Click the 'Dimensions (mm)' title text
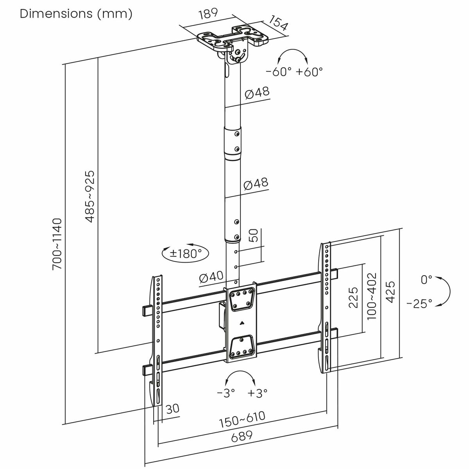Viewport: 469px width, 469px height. [x=76, y=14]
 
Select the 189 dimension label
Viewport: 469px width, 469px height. [x=208, y=14]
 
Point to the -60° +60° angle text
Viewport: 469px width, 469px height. [x=294, y=72]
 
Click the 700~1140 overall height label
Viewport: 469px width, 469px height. [x=57, y=244]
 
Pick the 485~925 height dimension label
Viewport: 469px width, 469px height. [x=90, y=196]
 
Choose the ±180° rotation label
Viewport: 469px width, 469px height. [x=185, y=253]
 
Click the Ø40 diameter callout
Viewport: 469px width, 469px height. [x=211, y=278]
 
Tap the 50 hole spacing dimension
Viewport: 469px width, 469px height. [x=254, y=236]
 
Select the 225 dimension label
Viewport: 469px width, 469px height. [x=353, y=297]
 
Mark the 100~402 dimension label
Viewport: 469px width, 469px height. [x=371, y=296]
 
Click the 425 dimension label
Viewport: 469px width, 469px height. [x=391, y=292]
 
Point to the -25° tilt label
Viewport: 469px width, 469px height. [x=419, y=303]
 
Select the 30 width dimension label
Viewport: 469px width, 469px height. [x=172, y=409]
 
